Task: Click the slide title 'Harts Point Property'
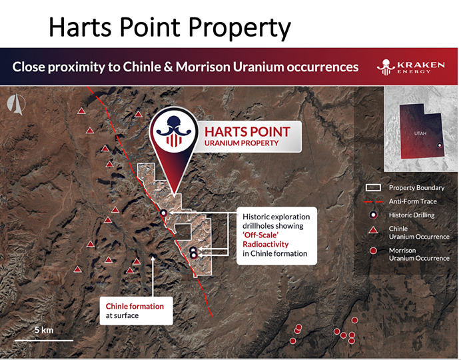170,27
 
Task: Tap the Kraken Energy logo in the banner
411,67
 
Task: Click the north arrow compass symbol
16,104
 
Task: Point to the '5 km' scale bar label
44,330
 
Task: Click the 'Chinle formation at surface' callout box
136,311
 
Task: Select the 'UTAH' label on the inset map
420,133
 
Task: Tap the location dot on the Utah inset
440,145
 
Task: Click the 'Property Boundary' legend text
416,187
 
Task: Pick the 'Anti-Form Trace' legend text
413,201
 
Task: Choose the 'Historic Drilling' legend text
412,215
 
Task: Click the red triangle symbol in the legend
373,230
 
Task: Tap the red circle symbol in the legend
373,251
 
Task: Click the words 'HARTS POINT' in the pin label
247,132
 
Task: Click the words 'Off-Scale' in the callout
260,235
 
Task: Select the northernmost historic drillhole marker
163,213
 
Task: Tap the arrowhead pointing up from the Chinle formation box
153,259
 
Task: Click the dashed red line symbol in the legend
373,202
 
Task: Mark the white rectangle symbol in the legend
373,187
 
